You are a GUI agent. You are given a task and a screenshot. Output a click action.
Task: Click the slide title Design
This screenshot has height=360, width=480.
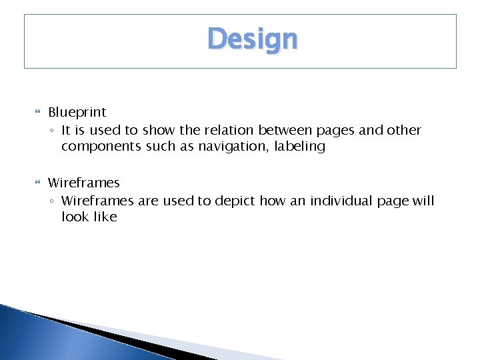pos(252,39)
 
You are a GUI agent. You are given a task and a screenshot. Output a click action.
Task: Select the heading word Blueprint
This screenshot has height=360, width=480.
pos(77,113)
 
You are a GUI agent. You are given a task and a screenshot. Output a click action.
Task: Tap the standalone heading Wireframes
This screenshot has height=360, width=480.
pos(83,183)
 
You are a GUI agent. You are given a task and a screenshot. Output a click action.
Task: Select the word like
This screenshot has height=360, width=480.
pos(104,217)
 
